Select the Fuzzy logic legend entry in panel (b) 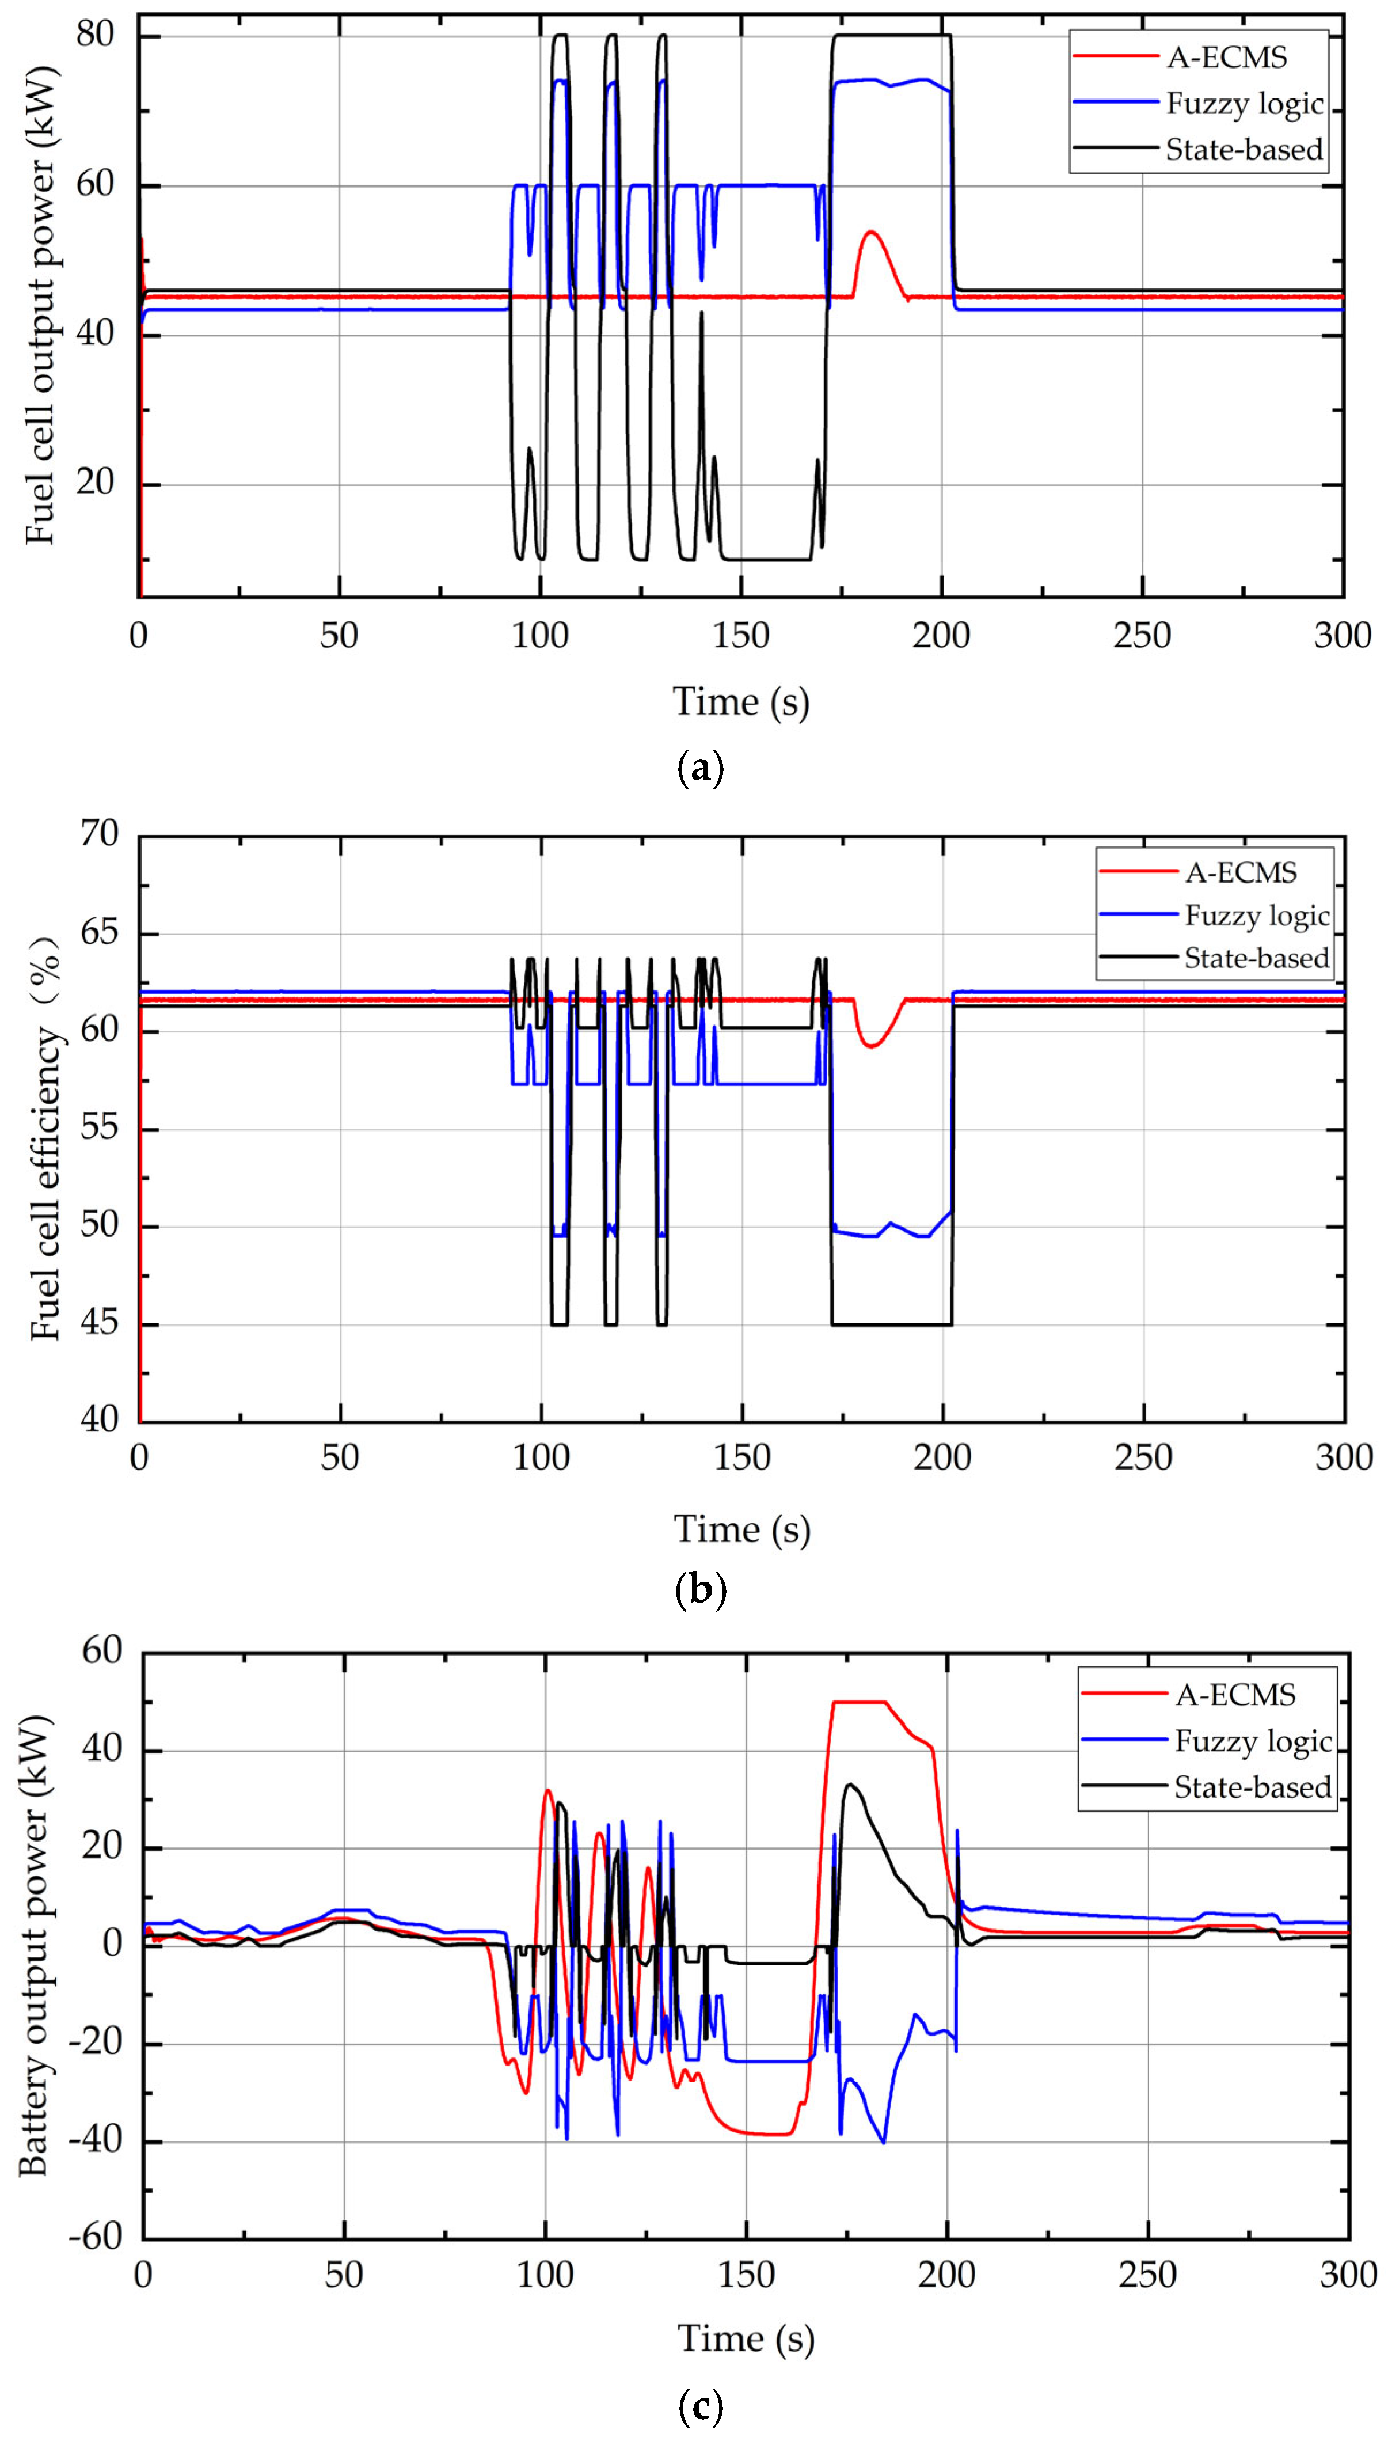point(1256,916)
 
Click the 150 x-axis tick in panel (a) point(741,636)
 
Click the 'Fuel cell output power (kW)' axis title point(40,305)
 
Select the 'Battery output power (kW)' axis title point(35,1945)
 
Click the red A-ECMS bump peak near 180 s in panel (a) point(870,231)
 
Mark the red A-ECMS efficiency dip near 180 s point(870,1046)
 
